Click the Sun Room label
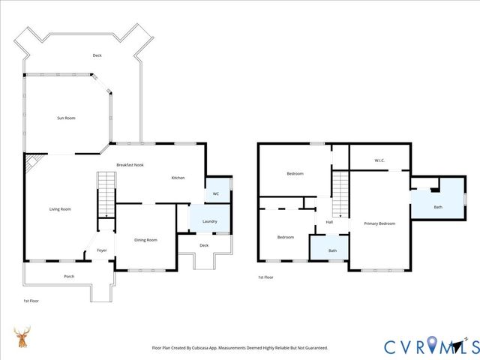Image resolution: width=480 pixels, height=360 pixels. (x=66, y=118)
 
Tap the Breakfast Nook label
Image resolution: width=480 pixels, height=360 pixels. (x=130, y=164)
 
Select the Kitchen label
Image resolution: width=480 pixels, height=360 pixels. (x=178, y=178)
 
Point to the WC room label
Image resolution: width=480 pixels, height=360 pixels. (x=215, y=193)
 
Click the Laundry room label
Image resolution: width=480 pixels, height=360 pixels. (x=209, y=221)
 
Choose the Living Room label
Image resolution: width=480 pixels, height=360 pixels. (x=60, y=208)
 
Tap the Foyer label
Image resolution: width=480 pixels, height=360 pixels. (x=102, y=250)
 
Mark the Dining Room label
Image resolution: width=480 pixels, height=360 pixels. (x=145, y=239)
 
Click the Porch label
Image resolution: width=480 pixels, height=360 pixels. (x=69, y=277)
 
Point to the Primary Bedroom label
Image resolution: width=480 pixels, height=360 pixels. (x=379, y=223)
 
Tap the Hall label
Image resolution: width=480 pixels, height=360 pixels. (x=329, y=222)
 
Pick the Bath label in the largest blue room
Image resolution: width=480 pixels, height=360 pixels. (x=438, y=207)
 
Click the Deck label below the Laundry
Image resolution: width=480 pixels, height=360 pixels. (x=204, y=245)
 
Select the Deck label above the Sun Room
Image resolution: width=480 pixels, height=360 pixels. (x=97, y=55)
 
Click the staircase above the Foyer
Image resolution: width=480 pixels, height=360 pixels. (x=106, y=192)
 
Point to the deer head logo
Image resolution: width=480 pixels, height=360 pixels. (x=22, y=338)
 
